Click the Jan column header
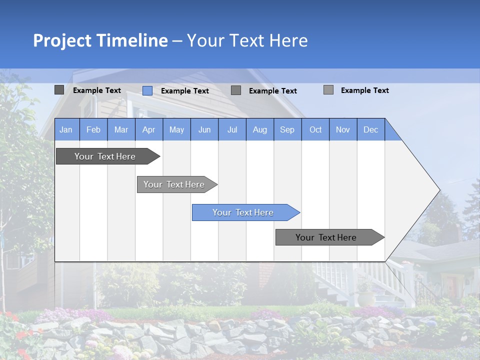pos(66,129)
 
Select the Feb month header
pos(93,129)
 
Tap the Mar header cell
pos(121,129)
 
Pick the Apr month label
pos(149,129)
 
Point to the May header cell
pos(176,129)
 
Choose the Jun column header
pos(204,129)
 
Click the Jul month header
pos(232,129)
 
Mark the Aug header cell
pos(260,129)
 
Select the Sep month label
pos(287,129)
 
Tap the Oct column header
pos(315,129)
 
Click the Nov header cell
pos(343,129)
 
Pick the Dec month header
pos(371,129)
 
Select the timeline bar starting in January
pos(105,156)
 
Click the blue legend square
pos(147,90)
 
